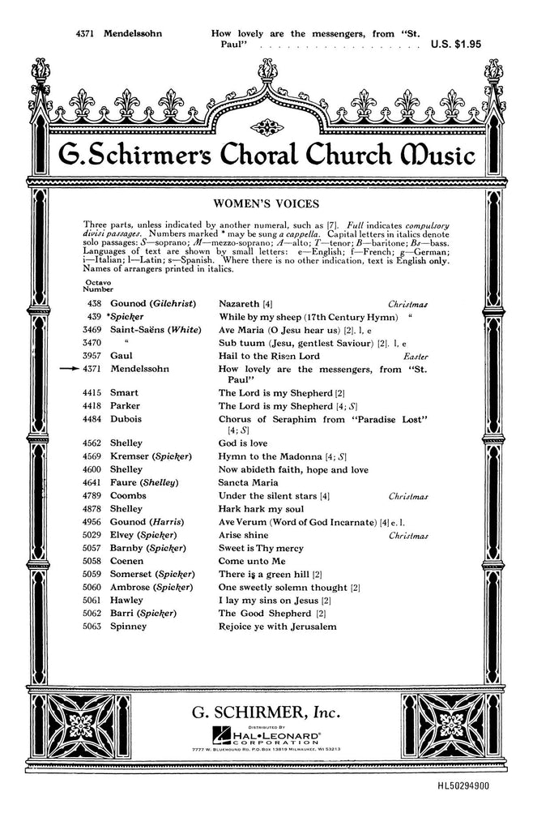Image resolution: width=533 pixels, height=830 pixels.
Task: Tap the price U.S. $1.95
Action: [455, 45]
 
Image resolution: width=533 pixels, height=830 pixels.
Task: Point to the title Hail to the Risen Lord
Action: [269, 356]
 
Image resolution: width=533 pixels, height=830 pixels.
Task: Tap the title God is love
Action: [243, 443]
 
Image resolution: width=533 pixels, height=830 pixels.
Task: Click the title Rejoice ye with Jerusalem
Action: [276, 626]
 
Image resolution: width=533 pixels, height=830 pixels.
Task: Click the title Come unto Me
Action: [252, 561]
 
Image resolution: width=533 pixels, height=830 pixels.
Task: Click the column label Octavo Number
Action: [98, 285]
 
